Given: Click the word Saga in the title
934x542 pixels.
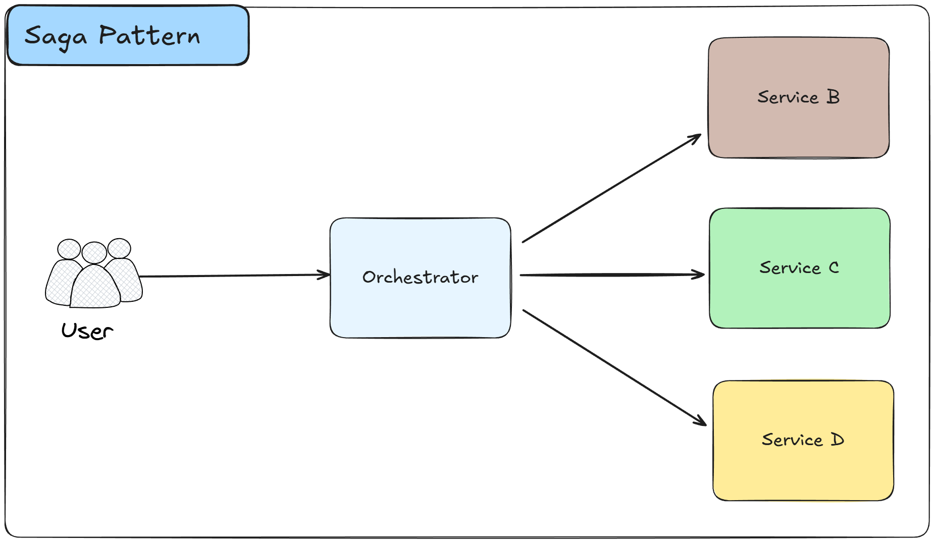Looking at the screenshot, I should (56, 37).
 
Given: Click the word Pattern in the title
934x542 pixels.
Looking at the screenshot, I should (149, 36).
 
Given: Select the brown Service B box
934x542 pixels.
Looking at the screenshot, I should (798, 126).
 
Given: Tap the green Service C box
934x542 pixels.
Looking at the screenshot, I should (799, 298).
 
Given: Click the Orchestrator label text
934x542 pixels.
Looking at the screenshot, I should (420, 277).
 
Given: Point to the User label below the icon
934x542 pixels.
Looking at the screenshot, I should (87, 331).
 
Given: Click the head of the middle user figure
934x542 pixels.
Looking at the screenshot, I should (94, 252).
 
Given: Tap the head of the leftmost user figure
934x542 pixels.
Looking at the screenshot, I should (69, 249).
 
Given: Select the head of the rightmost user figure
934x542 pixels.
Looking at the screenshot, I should (119, 248).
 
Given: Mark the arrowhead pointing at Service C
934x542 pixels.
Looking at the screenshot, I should (700, 275).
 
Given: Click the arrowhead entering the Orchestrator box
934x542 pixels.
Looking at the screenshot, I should (325, 275).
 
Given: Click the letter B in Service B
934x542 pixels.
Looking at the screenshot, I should (833, 96).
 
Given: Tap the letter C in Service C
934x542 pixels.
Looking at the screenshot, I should (834, 267).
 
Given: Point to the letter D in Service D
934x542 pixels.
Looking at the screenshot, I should (837, 440).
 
